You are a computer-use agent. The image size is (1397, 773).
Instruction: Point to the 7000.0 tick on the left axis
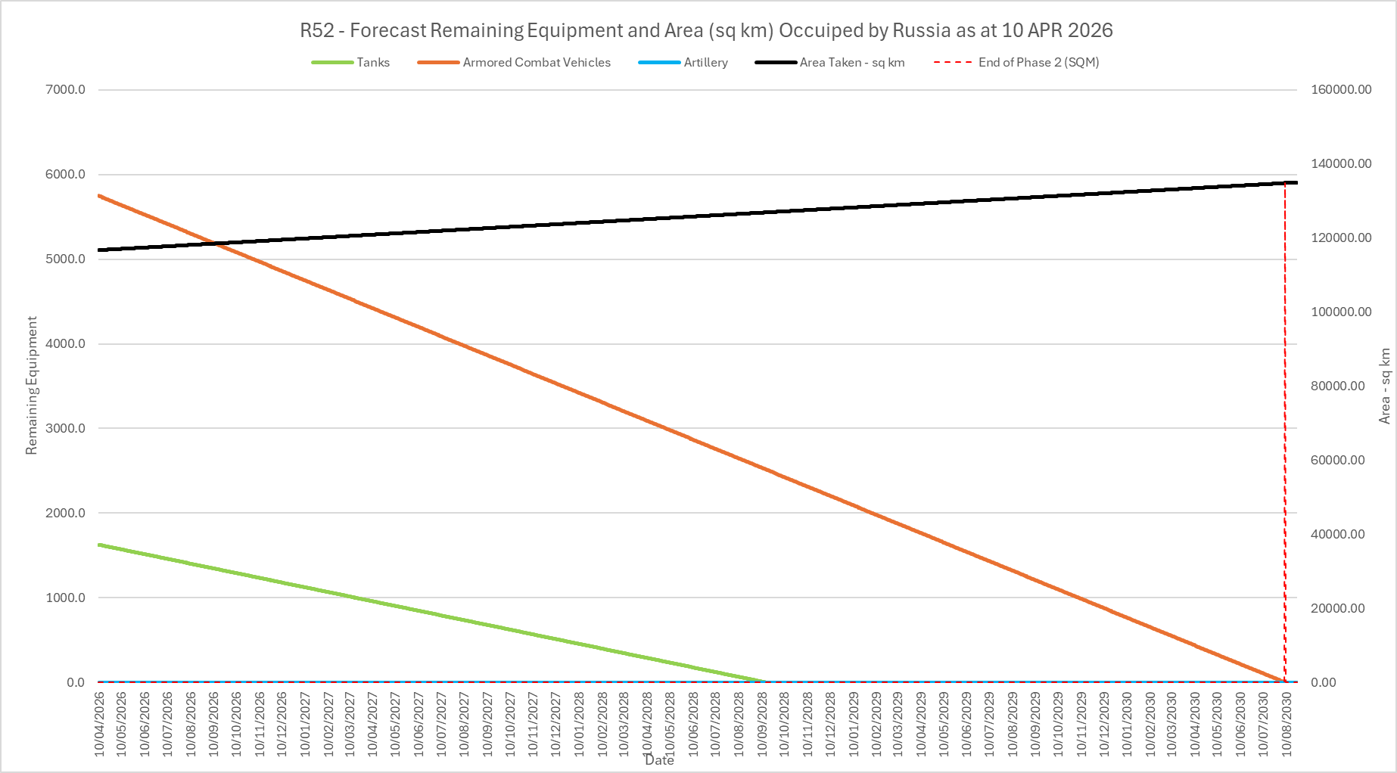click(x=66, y=90)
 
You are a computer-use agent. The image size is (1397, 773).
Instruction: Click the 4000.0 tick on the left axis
click(x=66, y=344)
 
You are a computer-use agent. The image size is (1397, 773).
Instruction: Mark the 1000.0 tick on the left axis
click(x=66, y=598)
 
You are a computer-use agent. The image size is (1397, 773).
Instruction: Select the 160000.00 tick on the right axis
click(x=1341, y=90)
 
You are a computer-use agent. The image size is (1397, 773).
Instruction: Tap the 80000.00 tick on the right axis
click(x=1338, y=386)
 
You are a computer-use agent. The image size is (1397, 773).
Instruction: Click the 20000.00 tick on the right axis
click(x=1338, y=609)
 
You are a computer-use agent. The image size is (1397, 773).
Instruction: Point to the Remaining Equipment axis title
click(x=32, y=386)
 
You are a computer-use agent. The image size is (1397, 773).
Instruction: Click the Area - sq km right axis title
click(x=1385, y=386)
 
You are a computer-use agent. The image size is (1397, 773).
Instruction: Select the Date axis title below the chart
click(x=659, y=760)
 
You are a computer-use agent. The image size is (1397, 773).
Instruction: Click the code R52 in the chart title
click(x=317, y=31)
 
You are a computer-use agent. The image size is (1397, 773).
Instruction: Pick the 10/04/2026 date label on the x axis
click(x=100, y=723)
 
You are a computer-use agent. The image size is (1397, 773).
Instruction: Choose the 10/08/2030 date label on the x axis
click(x=1286, y=723)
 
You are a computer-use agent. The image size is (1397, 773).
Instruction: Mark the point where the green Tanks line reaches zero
click(x=764, y=681)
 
